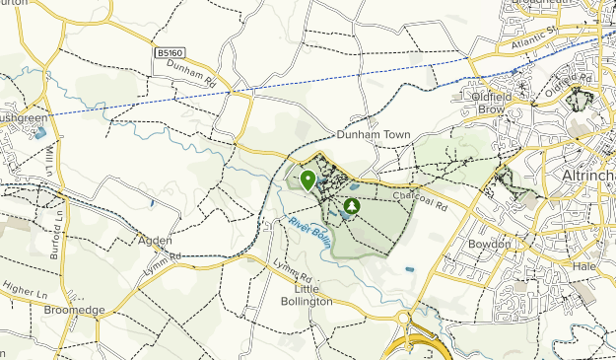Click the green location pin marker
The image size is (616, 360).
click(308, 180)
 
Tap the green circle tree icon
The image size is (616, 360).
click(352, 207)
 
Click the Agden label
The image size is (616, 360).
click(156, 240)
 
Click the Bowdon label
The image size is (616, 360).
click(490, 243)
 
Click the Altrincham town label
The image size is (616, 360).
click(587, 176)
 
